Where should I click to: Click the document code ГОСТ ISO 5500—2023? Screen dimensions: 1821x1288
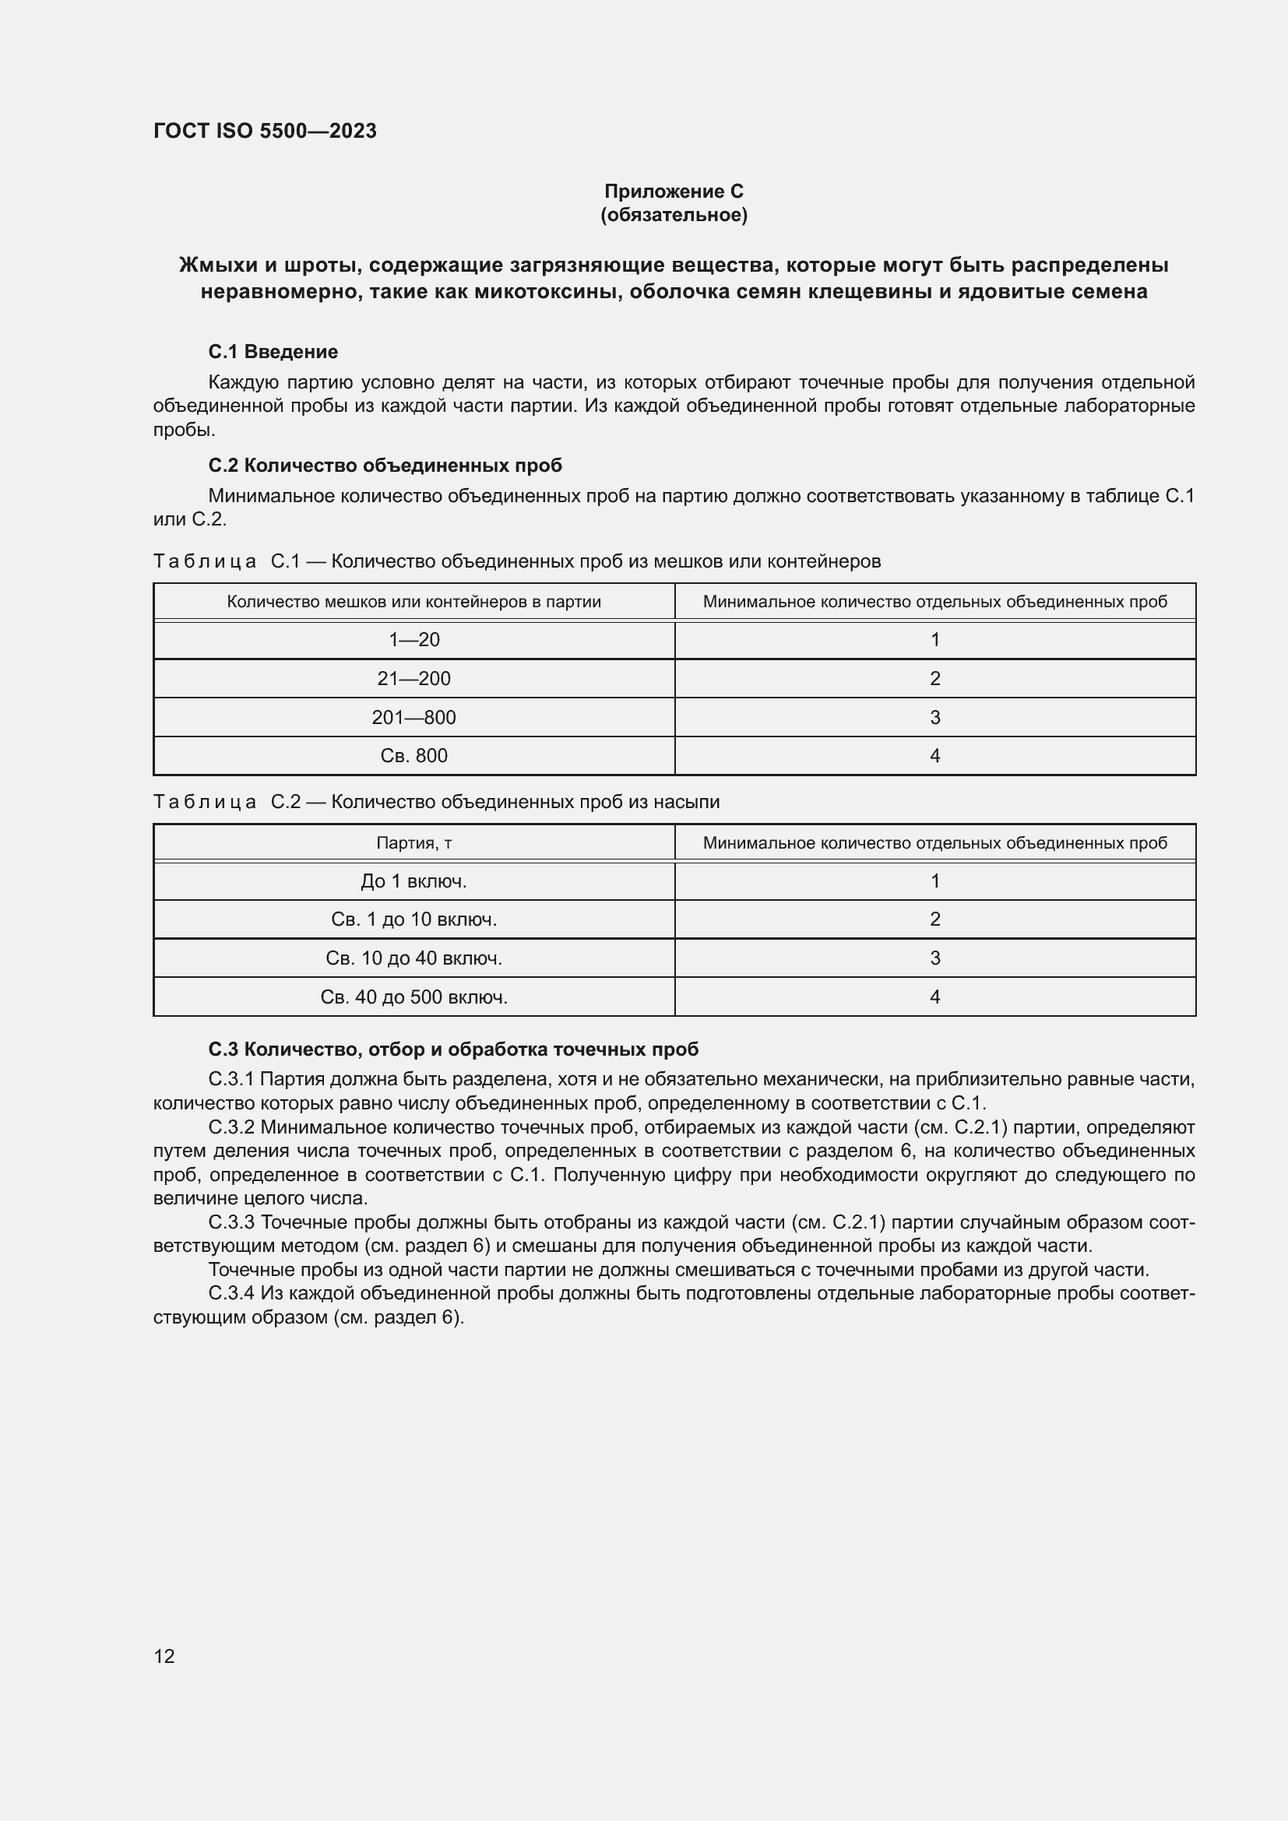[x=265, y=131]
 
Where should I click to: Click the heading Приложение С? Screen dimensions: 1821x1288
[x=674, y=192]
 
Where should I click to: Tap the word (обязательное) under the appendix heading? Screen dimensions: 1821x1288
[x=674, y=215]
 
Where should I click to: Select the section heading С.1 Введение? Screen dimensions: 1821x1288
[x=273, y=351]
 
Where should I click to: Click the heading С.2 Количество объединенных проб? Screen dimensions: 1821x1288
[x=385, y=465]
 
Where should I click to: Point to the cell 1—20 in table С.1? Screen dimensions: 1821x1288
[x=413, y=640]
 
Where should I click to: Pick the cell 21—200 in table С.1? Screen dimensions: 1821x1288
[x=413, y=679]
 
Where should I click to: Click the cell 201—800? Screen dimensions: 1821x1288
[x=413, y=718]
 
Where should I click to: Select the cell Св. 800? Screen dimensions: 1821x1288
[x=413, y=756]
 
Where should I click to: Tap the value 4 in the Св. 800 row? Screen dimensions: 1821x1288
[x=934, y=756]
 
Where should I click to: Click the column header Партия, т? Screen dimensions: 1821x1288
[x=413, y=842]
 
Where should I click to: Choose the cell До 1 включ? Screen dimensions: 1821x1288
[x=413, y=881]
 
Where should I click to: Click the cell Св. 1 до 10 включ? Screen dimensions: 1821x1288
[x=413, y=919]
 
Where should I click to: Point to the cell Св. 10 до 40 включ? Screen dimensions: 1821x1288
[x=413, y=958]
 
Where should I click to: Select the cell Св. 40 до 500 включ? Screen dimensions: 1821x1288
[x=413, y=997]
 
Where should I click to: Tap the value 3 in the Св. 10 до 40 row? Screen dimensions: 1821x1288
[x=934, y=958]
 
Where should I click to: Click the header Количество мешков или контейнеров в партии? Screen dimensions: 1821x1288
[x=413, y=602]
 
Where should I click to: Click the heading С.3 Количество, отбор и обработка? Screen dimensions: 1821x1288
[x=453, y=1049]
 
